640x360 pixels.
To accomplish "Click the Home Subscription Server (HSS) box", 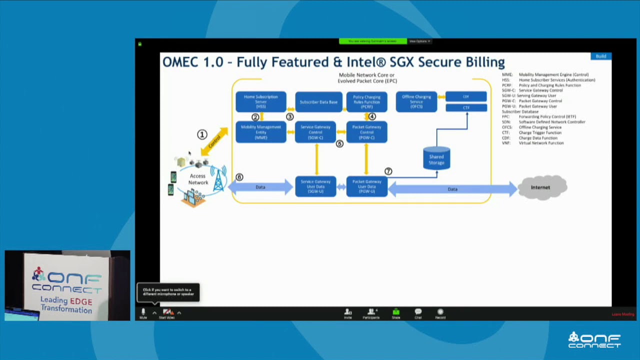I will [x=260, y=101].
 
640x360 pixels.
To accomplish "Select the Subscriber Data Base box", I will [x=318, y=102].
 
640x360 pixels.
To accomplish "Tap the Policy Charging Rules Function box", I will [x=366, y=101].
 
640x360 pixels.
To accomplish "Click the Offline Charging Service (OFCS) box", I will [x=416, y=101].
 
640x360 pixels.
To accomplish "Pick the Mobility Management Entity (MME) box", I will [x=260, y=132].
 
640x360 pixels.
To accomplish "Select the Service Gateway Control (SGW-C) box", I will [x=315, y=132].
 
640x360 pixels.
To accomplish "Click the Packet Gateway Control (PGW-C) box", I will [x=366, y=132].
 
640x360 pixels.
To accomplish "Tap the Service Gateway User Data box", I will [x=315, y=186].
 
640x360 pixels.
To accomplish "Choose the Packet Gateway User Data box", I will [x=366, y=186].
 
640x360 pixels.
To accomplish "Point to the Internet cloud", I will [x=541, y=187].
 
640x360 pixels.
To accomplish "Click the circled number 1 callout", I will [x=202, y=134].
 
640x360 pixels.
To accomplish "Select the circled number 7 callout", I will [x=388, y=171].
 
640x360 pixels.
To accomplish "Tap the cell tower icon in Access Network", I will [x=218, y=179].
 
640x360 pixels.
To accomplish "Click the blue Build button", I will [x=600, y=56].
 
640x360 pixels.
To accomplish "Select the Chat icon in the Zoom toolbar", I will [x=418, y=313].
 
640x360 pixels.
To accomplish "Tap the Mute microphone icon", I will [x=143, y=313].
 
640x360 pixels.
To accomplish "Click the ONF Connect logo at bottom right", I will [x=594, y=340].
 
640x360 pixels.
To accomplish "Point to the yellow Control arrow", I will [x=214, y=141].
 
